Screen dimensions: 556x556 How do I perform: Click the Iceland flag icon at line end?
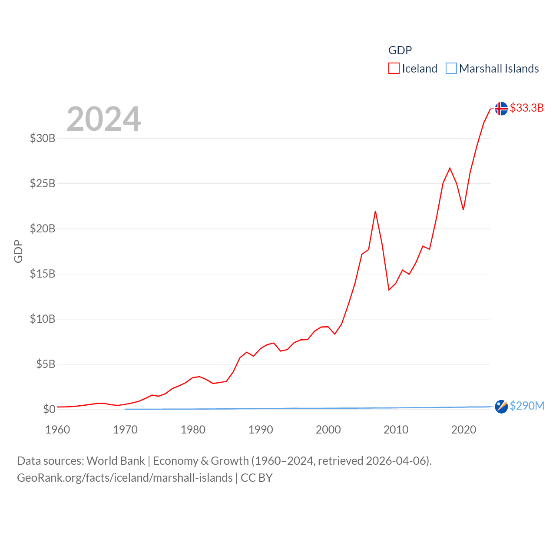pos(501,108)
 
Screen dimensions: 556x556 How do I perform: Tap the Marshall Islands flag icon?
pos(501,407)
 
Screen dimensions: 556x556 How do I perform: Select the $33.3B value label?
pos(527,108)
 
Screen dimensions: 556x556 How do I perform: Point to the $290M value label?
pos(527,406)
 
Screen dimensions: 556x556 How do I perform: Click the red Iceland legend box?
pos(394,69)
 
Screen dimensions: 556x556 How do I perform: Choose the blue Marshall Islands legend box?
pos(451,69)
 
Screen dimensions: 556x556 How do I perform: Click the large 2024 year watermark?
pos(103,119)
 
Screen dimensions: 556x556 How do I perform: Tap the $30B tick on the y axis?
pos(43,138)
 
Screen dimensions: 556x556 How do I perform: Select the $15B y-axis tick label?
pos(43,274)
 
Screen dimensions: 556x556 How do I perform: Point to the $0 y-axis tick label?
pos(49,409)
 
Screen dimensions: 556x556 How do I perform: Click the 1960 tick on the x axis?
pos(57,430)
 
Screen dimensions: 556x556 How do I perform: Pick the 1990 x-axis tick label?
pos(261,430)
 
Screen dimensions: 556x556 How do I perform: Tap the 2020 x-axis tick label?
pos(463,430)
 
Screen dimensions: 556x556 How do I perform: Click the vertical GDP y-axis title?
pos(18,251)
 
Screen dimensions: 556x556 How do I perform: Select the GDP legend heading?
pos(400,50)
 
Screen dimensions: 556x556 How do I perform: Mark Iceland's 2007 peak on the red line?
pos(375,211)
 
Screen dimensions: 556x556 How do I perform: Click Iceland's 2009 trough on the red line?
pos(389,290)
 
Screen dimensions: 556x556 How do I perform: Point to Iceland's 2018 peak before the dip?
pos(450,168)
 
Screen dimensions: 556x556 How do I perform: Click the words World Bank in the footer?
pos(116,460)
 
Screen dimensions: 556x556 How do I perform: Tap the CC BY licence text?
pos(257,478)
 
